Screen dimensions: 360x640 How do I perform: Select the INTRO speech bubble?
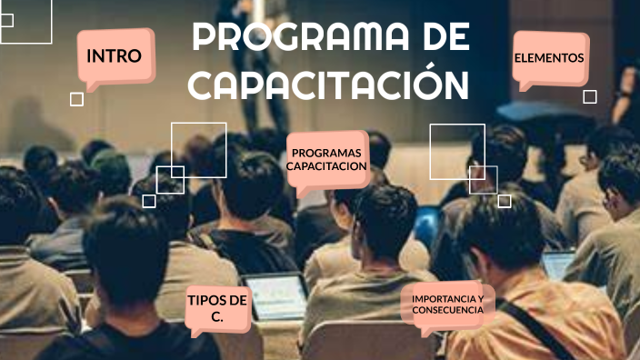[x=115, y=56]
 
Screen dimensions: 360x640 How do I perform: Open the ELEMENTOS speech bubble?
[x=549, y=58]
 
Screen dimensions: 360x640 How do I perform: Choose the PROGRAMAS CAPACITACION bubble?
[x=327, y=159]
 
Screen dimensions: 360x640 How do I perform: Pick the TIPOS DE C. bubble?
[x=217, y=308]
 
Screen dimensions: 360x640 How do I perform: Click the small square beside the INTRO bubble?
[x=76, y=99]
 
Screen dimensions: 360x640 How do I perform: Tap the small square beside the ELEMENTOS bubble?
[x=590, y=96]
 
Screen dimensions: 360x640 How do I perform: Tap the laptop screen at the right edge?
[x=556, y=265]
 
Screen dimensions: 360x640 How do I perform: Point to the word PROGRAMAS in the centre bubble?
[x=327, y=153]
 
